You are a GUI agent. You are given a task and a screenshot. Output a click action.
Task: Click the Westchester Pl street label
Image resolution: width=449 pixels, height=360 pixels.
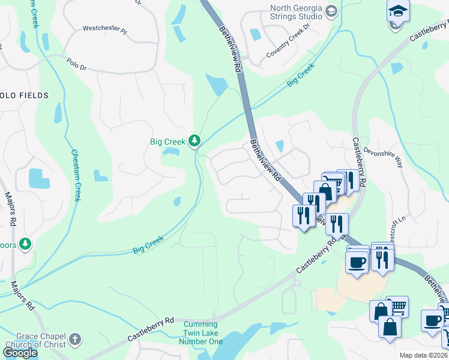[x=105, y=28]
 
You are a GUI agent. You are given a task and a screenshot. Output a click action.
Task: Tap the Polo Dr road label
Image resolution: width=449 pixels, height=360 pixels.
[x=77, y=64]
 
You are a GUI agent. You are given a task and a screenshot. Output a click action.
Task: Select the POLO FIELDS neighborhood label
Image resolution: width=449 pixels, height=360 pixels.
[x=23, y=95]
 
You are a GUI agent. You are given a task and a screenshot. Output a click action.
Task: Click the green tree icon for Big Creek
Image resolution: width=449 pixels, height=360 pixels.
[x=194, y=141]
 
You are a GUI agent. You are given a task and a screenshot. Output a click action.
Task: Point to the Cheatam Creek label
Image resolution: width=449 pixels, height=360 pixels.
[x=76, y=175]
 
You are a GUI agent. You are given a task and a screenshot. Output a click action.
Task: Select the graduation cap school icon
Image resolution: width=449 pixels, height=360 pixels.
[x=397, y=11]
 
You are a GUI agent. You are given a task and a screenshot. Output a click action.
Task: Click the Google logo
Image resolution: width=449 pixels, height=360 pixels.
[x=20, y=353]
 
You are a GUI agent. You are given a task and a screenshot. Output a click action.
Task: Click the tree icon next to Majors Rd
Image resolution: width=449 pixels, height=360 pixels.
[x=25, y=244]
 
